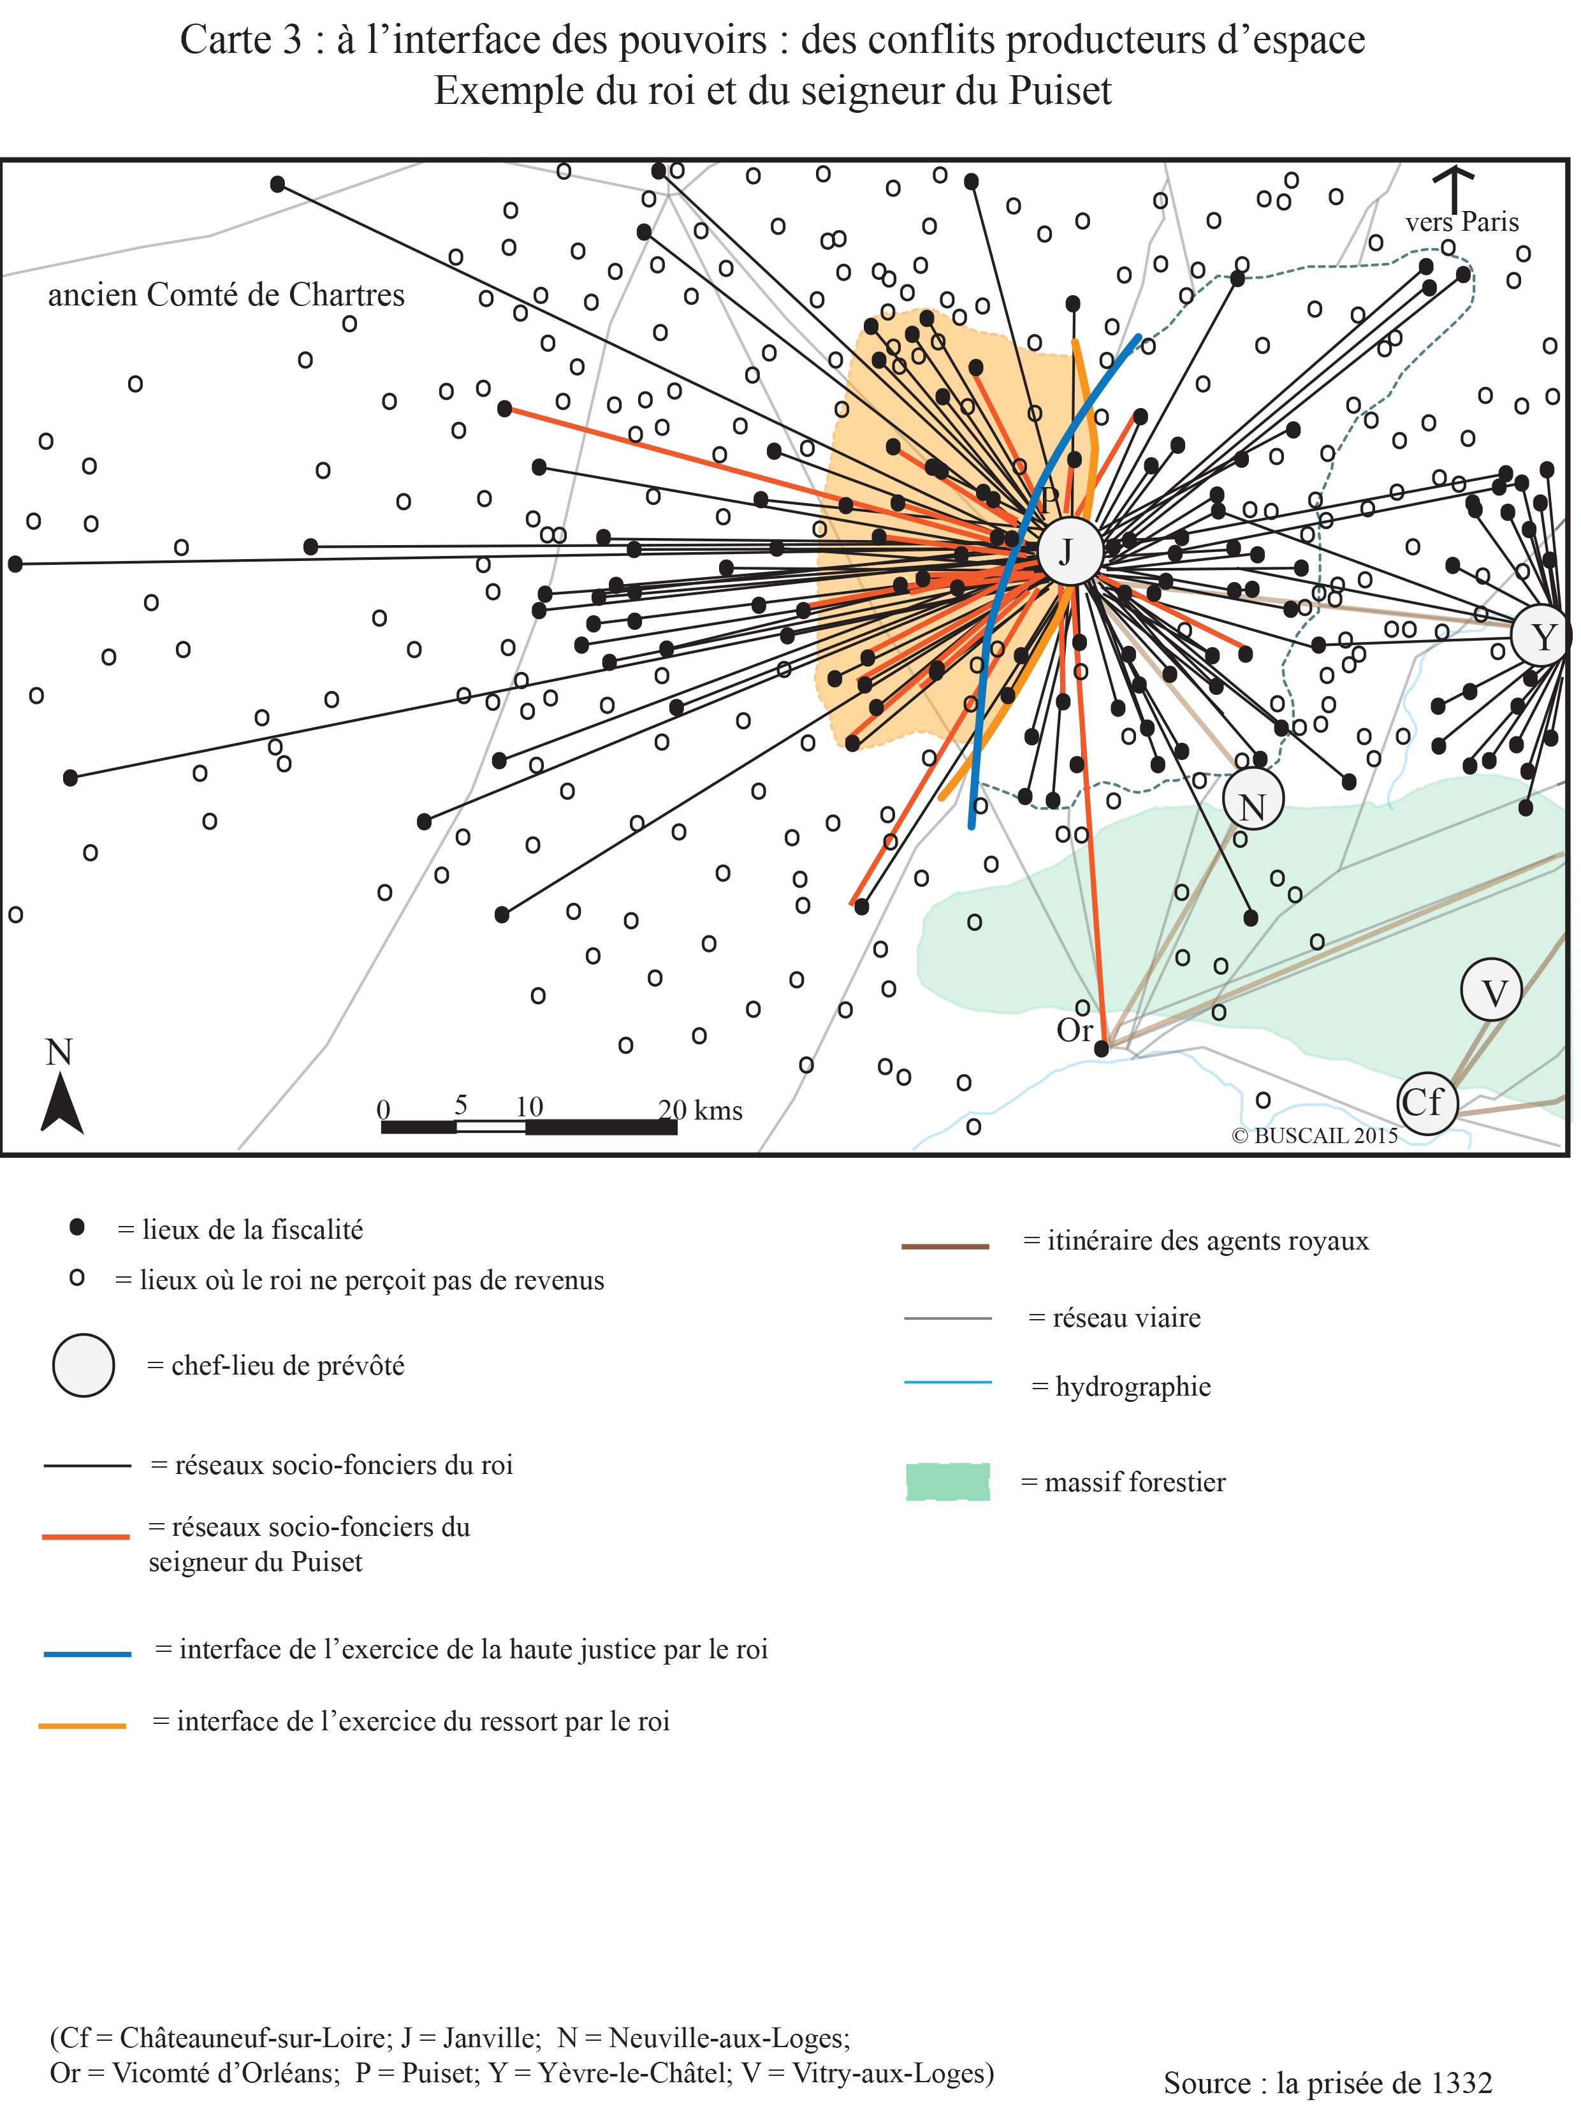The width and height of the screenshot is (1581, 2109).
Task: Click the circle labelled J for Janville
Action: [x=1068, y=550]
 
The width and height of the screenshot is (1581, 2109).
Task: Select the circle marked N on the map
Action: [x=1252, y=799]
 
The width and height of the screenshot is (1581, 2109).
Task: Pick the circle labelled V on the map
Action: [x=1490, y=989]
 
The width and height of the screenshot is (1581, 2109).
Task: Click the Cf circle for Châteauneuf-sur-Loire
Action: [x=1427, y=1103]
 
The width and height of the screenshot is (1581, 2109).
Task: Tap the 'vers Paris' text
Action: [x=1461, y=221]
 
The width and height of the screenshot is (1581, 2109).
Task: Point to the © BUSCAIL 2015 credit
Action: [x=1314, y=1135]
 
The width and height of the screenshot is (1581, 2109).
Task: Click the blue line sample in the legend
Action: [x=88, y=1653]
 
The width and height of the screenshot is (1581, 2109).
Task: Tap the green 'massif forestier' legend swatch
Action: [x=947, y=1482]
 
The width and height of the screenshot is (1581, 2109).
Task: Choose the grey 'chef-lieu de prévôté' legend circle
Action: [x=84, y=1366]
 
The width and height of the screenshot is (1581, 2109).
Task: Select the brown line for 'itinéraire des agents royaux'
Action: [x=945, y=1245]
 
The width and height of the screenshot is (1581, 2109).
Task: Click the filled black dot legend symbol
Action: [x=77, y=1228]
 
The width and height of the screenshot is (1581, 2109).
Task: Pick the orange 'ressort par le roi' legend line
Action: [x=83, y=1726]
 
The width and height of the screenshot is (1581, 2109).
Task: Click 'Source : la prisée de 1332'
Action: [x=1327, y=2082]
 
